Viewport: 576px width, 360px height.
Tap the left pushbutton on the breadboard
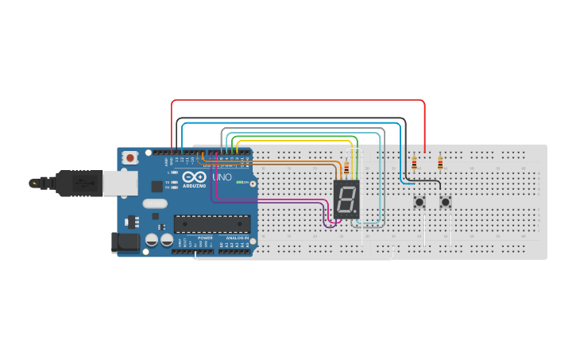pyautogui.click(x=419, y=202)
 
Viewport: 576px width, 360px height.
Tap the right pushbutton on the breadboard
pyautogui.click(x=445, y=202)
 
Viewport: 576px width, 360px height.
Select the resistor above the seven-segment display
pyautogui.click(x=346, y=168)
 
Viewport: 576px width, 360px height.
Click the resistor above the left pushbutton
pyautogui.click(x=414, y=164)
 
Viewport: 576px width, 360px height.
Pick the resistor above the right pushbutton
pyautogui.click(x=440, y=164)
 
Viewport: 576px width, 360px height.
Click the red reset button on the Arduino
pyautogui.click(x=130, y=158)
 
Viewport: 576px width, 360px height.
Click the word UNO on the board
pyautogui.click(x=222, y=177)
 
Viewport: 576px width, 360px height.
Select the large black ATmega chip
pyautogui.click(x=212, y=225)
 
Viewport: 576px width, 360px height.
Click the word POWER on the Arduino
pyautogui.click(x=205, y=238)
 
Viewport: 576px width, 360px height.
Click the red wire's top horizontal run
pyautogui.click(x=298, y=100)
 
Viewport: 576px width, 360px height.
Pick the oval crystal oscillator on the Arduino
pyautogui.click(x=155, y=203)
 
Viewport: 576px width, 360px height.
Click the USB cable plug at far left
pyautogui.click(x=36, y=183)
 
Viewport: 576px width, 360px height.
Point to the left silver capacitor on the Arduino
pyautogui.click(x=152, y=239)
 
